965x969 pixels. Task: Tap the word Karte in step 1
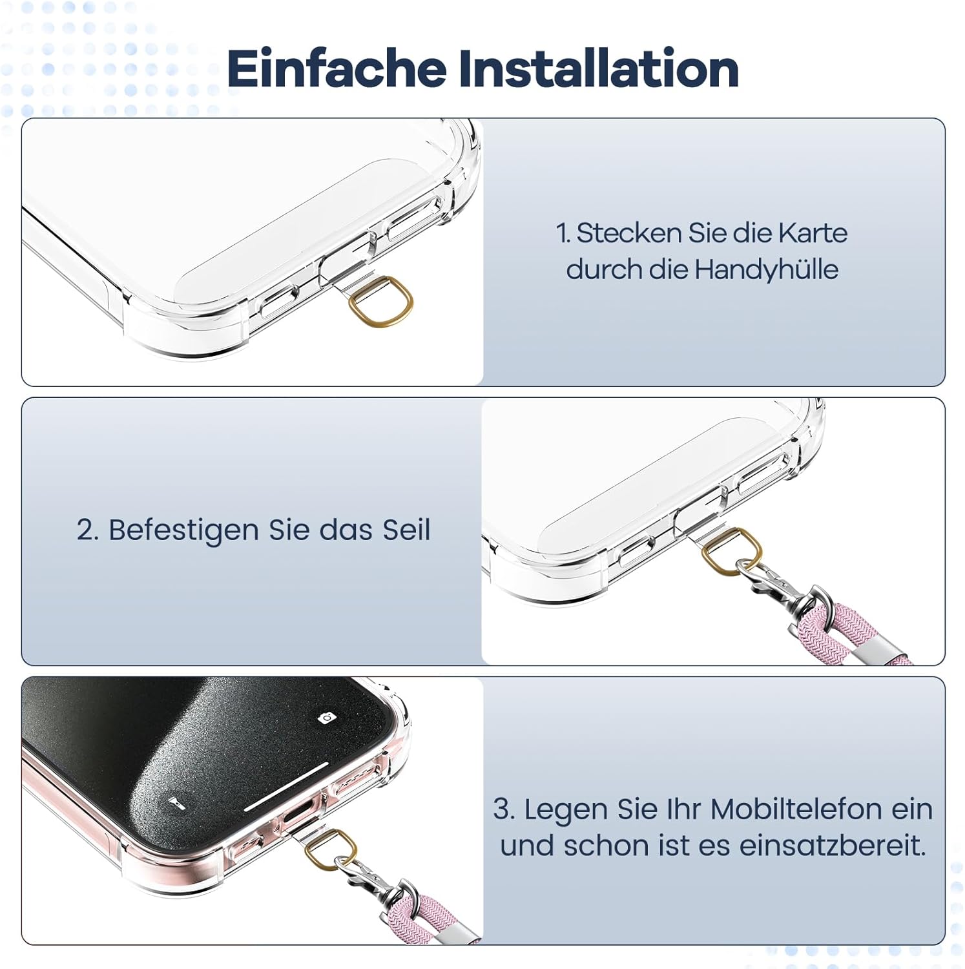coord(812,233)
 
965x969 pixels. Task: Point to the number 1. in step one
coord(563,233)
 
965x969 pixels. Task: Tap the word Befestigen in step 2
coord(183,530)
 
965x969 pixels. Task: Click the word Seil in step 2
coord(406,530)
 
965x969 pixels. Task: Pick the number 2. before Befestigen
coord(88,530)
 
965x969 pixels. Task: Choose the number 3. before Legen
coord(504,809)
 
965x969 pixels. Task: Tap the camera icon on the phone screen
coord(327,718)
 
